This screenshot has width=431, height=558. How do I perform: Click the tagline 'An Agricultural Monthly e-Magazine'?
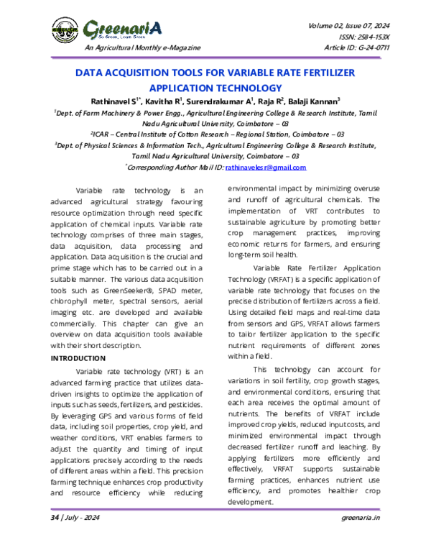143,47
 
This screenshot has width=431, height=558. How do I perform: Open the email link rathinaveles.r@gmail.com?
266,167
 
